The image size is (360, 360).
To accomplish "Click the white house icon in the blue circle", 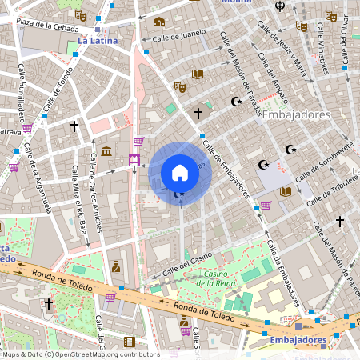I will point(180,172).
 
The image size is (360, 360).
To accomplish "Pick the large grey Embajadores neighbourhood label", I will point(296,114).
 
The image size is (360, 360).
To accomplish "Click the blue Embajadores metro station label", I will point(298,340).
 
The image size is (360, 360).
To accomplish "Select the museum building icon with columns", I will point(106,152).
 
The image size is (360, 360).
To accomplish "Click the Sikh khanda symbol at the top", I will point(279,6).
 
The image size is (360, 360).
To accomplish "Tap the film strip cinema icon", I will point(130,342).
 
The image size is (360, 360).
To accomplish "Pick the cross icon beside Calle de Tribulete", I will point(339,220).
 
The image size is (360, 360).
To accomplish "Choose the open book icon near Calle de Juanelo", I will point(198,74).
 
